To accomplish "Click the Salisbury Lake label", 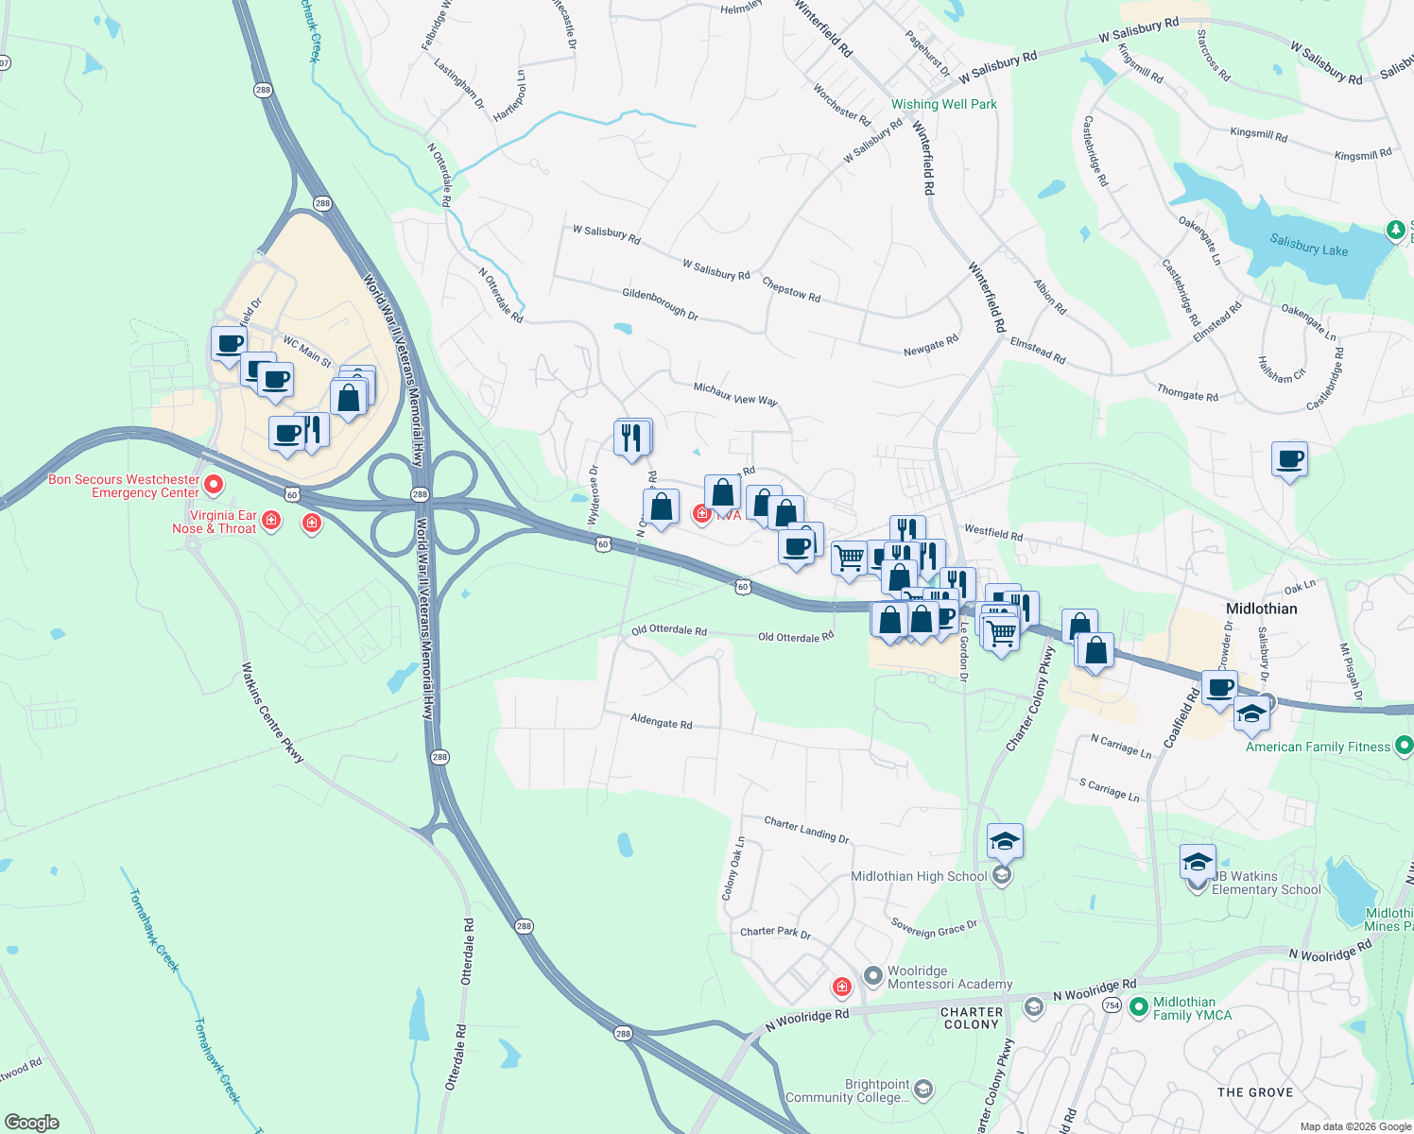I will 1308,246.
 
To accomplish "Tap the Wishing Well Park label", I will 943,105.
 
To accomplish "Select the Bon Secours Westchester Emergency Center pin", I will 215,486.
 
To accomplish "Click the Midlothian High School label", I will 919,876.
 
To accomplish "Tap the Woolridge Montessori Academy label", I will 949,977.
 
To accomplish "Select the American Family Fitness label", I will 1318,747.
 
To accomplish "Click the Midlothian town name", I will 1261,609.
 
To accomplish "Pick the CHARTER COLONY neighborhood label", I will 971,1018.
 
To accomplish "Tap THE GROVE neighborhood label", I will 1255,1092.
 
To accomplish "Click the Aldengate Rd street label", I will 661,722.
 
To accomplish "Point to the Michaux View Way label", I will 735,394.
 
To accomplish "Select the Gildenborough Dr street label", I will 660,304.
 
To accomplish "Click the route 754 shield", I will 1112,1005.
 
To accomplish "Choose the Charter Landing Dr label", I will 806,830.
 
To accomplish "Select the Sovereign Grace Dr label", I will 934,928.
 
